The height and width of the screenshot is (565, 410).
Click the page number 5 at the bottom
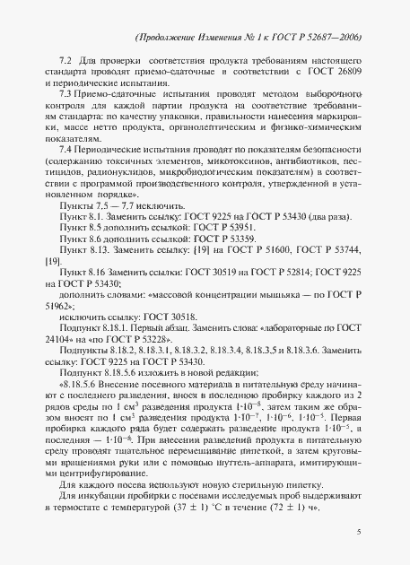pyautogui.click(x=359, y=533)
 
